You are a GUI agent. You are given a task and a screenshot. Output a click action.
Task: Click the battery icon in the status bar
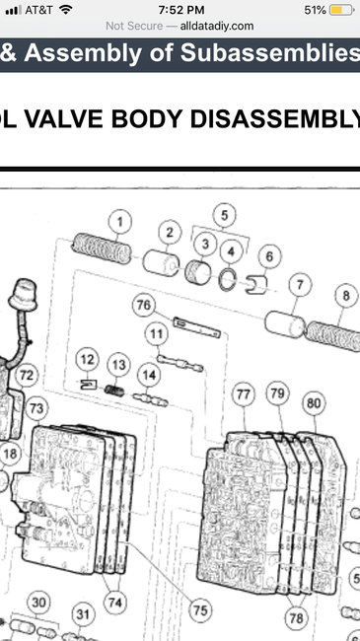tap(340, 10)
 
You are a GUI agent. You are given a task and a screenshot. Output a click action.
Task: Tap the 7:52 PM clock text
tap(180, 9)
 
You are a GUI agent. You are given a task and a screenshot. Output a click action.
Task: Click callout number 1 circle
tap(120, 221)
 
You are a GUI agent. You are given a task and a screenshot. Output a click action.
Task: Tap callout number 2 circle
tap(170, 233)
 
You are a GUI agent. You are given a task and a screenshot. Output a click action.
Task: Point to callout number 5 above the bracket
tap(225, 213)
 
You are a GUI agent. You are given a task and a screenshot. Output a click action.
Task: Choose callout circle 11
tap(156, 334)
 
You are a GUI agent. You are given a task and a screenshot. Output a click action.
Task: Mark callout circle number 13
tap(118, 366)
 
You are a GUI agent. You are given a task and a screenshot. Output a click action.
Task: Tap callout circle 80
tap(314, 402)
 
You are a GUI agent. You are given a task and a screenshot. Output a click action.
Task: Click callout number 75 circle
tap(200, 610)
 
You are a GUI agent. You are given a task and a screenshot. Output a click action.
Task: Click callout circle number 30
tap(37, 603)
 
